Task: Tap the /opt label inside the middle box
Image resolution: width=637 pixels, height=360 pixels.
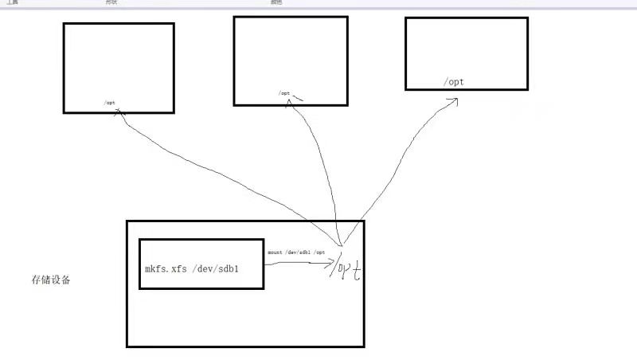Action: (284, 93)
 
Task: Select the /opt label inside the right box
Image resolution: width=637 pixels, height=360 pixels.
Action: (455, 82)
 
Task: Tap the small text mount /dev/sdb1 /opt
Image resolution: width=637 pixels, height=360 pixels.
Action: (296, 252)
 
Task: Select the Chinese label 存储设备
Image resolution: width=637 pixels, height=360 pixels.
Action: (50, 280)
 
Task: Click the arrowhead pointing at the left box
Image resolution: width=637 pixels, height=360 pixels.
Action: (120, 112)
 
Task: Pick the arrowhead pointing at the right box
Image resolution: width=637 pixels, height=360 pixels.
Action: (453, 100)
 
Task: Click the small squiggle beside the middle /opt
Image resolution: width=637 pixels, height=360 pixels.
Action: (298, 98)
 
